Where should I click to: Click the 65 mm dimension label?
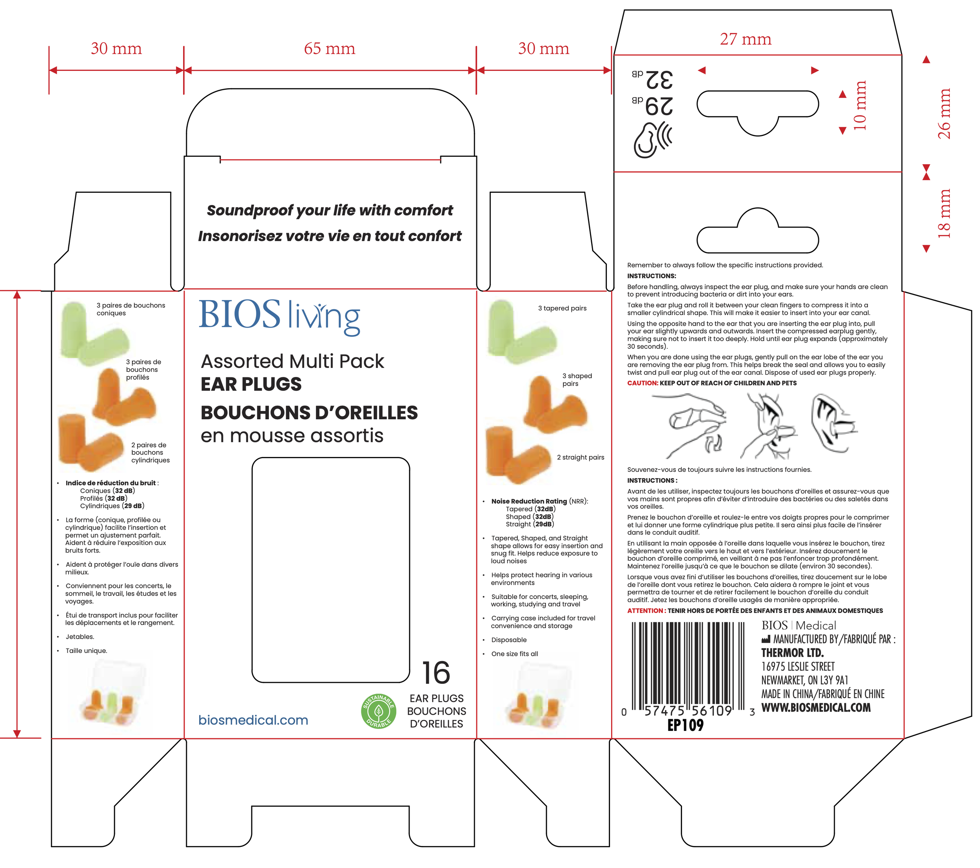tap(329, 49)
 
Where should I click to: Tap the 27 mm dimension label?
tap(746, 39)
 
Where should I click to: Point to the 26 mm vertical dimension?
tap(944, 114)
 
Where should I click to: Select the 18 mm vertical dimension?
tap(944, 213)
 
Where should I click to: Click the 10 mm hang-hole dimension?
tap(860, 105)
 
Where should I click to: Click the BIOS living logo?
tap(279, 316)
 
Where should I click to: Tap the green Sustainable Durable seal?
tap(378, 711)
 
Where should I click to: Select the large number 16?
tap(436, 672)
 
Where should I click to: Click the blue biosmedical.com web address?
tap(253, 720)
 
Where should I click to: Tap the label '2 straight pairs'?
tap(580, 457)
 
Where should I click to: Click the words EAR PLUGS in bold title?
tap(251, 384)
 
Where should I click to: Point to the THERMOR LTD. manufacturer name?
tap(793, 653)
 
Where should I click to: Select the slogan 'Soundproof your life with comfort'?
tap(330, 210)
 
